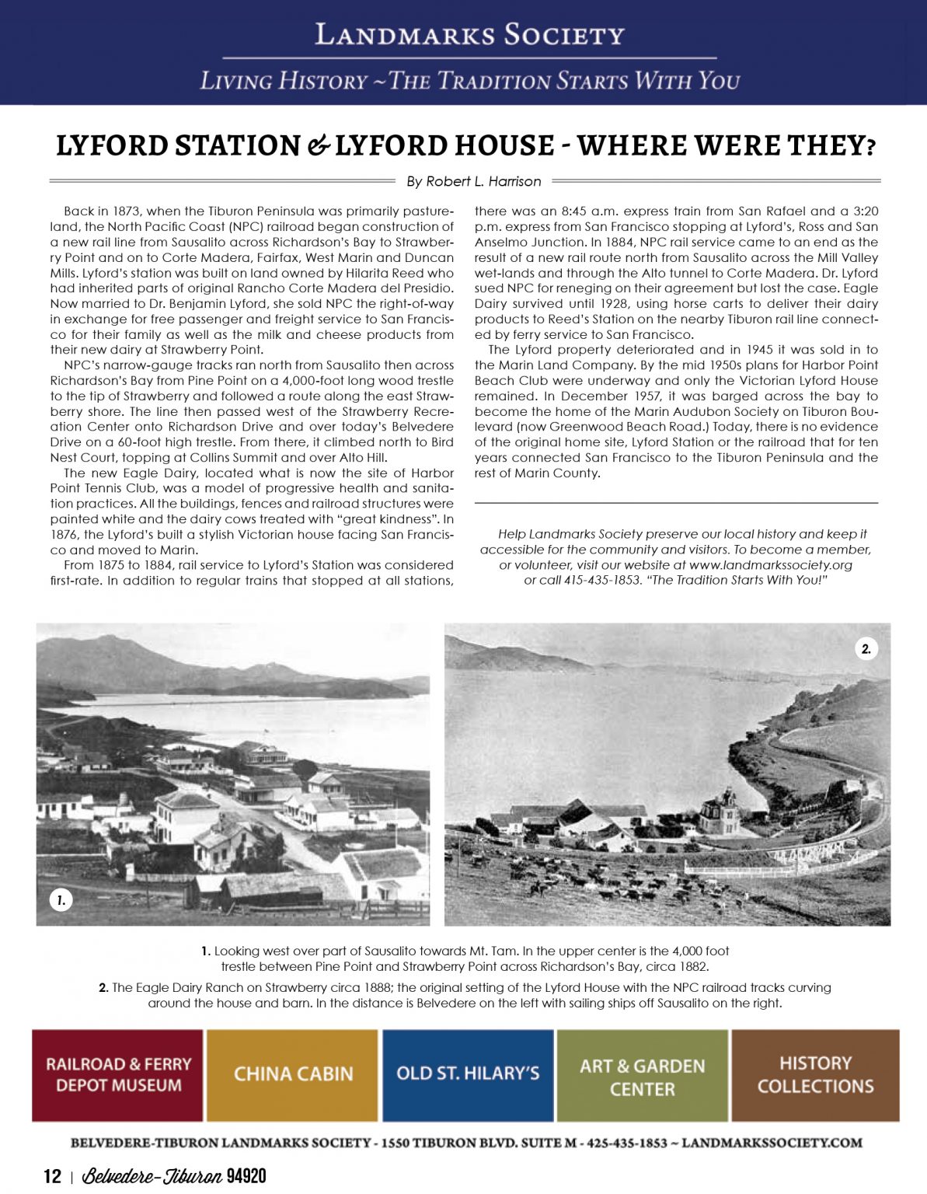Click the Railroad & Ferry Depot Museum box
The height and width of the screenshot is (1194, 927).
(117, 1074)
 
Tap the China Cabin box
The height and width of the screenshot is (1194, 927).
(293, 1074)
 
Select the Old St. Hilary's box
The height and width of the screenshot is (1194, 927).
(468, 1074)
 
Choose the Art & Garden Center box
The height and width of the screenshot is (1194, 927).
(642, 1076)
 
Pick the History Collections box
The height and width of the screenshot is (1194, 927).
(815, 1074)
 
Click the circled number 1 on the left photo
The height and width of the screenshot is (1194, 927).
(61, 900)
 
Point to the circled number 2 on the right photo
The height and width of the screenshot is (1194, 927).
(866, 649)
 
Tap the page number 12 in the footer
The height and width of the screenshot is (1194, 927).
(52, 1176)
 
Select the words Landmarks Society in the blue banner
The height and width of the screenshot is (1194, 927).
(469, 35)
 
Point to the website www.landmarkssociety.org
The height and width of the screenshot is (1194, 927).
(770, 565)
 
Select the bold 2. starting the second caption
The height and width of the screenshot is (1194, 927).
(103, 988)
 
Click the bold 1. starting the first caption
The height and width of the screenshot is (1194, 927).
(206, 951)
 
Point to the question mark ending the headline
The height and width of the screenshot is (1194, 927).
(871, 146)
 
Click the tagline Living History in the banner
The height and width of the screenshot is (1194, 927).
(284, 81)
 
